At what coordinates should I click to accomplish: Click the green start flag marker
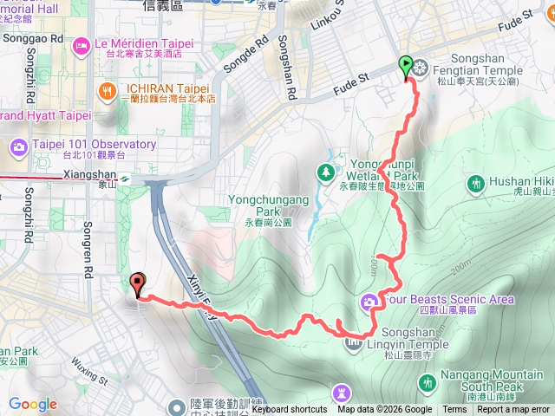[405, 65]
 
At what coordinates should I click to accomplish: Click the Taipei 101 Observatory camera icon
[18, 146]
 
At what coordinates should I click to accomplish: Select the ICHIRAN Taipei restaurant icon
[108, 90]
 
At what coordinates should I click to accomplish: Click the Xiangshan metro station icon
[126, 177]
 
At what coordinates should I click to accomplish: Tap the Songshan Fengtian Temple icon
[421, 67]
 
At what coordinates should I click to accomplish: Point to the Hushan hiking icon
[475, 183]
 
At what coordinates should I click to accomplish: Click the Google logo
[32, 404]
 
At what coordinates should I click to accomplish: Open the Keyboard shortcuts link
[290, 410]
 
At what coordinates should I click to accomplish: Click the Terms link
[454, 410]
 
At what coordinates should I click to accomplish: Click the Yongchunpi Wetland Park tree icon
[326, 172]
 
